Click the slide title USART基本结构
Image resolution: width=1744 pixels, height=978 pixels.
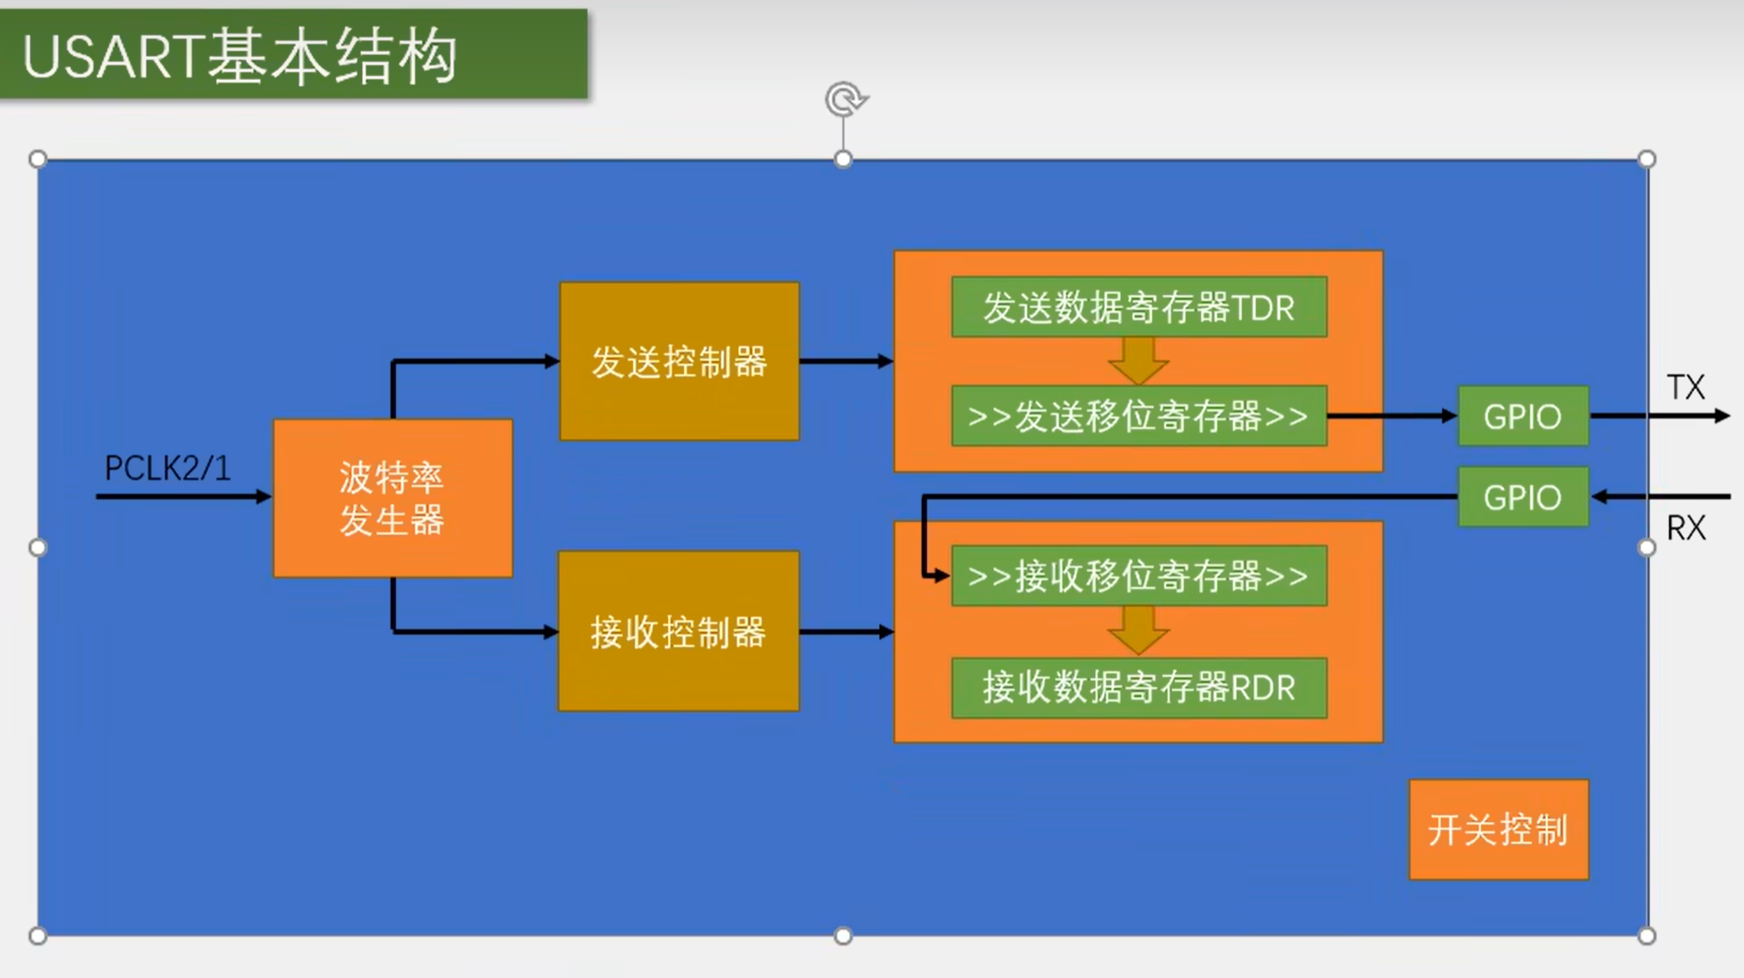(240, 57)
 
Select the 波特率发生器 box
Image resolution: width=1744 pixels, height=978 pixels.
(392, 498)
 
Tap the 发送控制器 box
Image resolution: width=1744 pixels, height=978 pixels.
(679, 361)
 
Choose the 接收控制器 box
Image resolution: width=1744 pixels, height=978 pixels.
(678, 631)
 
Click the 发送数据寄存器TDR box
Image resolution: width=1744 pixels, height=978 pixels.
(1138, 307)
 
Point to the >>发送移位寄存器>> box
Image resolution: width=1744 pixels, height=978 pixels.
(1138, 415)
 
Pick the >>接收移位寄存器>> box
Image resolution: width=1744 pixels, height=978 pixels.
(1138, 575)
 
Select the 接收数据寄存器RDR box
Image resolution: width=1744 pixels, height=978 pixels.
(1138, 688)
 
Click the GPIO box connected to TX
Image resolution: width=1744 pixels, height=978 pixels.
(1522, 415)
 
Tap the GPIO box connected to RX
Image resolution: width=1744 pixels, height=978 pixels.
(1522, 497)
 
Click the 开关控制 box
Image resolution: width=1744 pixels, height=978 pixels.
(1498, 830)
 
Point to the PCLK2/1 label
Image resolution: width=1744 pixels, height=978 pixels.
(167, 468)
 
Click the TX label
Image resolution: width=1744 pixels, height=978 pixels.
(1686, 387)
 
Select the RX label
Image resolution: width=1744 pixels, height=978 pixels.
(1686, 528)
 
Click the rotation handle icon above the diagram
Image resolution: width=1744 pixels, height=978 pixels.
(845, 99)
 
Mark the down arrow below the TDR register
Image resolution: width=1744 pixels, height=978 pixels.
(1138, 361)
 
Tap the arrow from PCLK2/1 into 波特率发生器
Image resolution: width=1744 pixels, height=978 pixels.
(183, 497)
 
